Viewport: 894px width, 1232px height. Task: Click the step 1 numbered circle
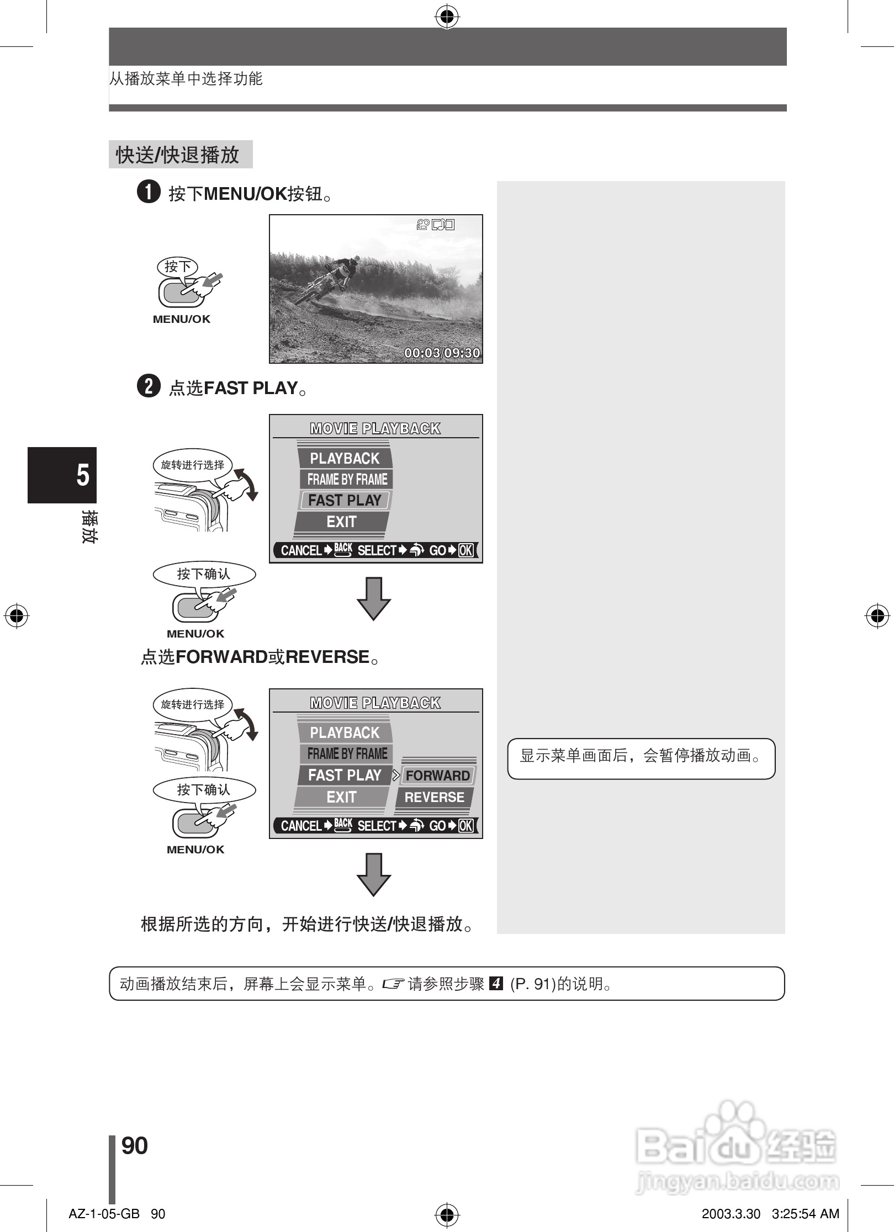coord(149,192)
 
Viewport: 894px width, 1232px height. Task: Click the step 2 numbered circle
coord(149,386)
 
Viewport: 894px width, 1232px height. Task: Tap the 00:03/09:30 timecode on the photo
coord(442,353)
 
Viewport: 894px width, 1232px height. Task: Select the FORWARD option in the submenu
coord(437,776)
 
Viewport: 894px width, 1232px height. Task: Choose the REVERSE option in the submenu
coord(434,797)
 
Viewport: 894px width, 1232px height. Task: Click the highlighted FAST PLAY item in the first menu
coord(345,500)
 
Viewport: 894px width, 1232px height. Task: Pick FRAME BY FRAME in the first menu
coord(347,479)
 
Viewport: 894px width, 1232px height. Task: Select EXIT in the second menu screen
coord(341,797)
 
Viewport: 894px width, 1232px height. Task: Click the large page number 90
coord(135,1146)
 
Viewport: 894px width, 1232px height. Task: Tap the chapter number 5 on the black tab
coord(83,475)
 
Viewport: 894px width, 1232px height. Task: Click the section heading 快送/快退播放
coord(178,155)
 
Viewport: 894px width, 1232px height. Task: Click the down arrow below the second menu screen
coord(374,874)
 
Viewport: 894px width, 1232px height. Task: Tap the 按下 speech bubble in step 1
coord(177,267)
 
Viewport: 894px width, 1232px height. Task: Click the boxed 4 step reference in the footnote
coord(496,984)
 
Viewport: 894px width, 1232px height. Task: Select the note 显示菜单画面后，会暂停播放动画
coord(641,756)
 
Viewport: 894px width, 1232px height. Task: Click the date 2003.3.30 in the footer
coord(731,1214)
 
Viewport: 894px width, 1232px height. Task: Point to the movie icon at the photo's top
coord(424,225)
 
